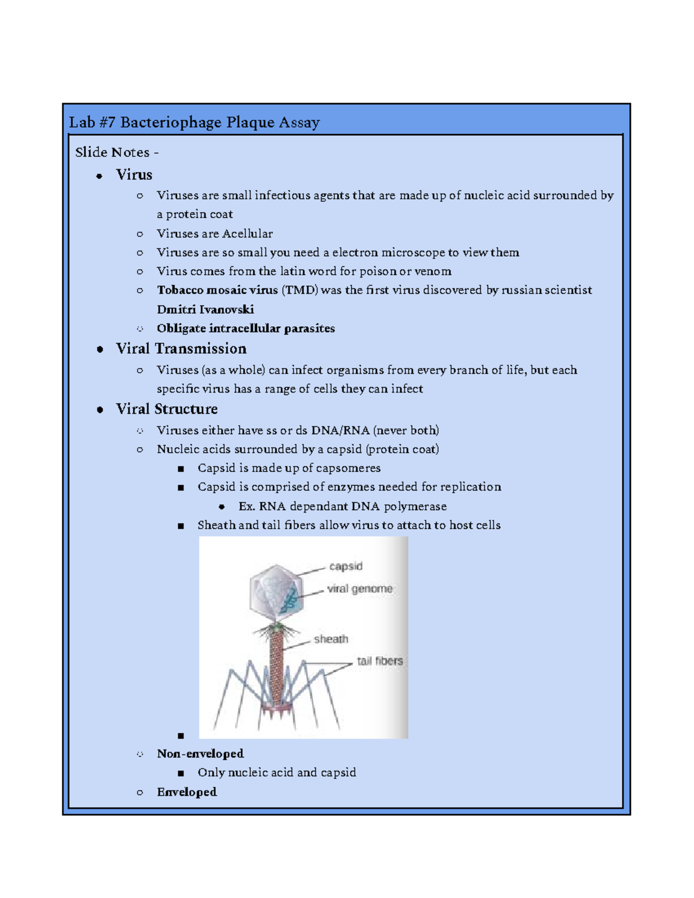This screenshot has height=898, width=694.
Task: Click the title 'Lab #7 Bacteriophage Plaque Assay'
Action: pyautogui.click(x=194, y=123)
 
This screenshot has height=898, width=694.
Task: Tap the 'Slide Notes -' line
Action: pyautogui.click(x=116, y=153)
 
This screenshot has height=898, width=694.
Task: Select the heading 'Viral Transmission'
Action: pyautogui.click(x=181, y=349)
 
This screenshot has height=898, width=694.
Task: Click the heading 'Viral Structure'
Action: pyautogui.click(x=167, y=409)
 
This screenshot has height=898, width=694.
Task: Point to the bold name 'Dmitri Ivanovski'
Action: pyautogui.click(x=205, y=309)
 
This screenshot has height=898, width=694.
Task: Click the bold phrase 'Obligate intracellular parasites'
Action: pyautogui.click(x=246, y=328)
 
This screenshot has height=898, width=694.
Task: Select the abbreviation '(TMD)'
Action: pyautogui.click(x=300, y=290)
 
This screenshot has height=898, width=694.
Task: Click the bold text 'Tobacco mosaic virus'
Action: pyautogui.click(x=217, y=290)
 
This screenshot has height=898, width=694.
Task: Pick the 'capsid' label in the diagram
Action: pyautogui.click(x=346, y=566)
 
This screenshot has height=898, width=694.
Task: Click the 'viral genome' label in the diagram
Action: pyautogui.click(x=360, y=589)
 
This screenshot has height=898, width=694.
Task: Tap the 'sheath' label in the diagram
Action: pyautogui.click(x=331, y=639)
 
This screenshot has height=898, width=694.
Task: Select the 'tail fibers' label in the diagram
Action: pyautogui.click(x=379, y=661)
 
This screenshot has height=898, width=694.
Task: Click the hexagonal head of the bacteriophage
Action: pyautogui.click(x=276, y=593)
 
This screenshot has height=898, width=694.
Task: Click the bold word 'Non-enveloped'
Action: pyautogui.click(x=200, y=754)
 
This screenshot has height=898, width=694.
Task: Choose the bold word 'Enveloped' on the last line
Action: pyautogui.click(x=187, y=792)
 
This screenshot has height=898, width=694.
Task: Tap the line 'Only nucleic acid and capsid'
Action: pyautogui.click(x=276, y=773)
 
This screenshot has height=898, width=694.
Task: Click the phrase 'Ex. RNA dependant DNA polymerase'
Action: pyautogui.click(x=342, y=507)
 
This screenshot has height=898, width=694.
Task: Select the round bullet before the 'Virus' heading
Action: pyautogui.click(x=99, y=176)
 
